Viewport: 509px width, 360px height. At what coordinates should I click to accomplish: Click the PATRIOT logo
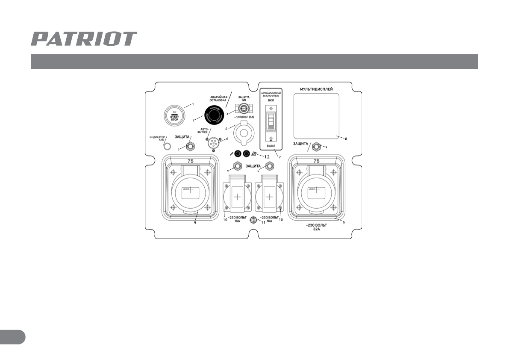point(84,39)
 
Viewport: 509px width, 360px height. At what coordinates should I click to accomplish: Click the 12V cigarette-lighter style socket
point(243,130)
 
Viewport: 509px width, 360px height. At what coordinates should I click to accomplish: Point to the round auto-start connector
point(212,144)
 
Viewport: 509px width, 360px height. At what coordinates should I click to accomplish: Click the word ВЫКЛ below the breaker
point(271,146)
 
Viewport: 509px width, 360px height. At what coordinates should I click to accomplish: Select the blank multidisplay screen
point(316,115)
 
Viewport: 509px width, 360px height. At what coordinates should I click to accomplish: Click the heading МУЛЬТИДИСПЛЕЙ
point(316,89)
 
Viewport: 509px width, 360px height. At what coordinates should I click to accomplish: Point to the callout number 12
point(267,156)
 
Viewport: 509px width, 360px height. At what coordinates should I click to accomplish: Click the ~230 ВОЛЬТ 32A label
point(317,227)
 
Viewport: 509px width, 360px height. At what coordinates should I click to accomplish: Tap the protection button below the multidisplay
point(316,148)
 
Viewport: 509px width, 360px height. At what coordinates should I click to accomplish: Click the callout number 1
point(192,104)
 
